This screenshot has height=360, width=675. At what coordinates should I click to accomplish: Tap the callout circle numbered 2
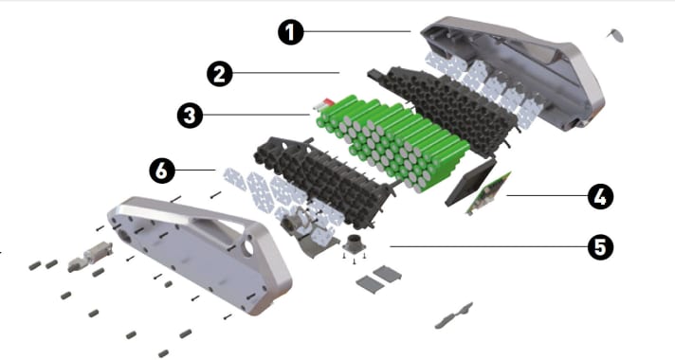coord(221,73)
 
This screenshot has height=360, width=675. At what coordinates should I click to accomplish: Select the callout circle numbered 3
coord(190,116)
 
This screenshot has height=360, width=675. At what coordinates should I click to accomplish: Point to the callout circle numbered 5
coord(599,247)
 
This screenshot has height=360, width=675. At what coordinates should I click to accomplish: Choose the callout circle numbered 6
coord(162,171)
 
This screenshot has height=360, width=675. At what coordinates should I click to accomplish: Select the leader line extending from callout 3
coord(256,116)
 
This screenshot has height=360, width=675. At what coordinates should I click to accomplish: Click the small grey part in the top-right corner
coord(615,34)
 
